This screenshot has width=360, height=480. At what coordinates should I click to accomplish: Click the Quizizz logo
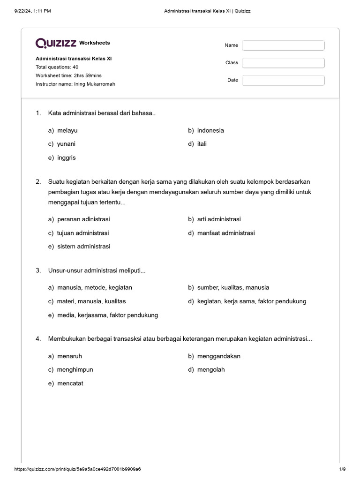tap(56, 43)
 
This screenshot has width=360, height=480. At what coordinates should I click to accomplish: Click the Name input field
tap(283, 45)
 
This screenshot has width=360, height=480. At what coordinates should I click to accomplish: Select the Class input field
tap(283, 63)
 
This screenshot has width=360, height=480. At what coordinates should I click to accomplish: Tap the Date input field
tap(283, 80)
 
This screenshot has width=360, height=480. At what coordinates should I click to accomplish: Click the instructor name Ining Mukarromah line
tap(75, 84)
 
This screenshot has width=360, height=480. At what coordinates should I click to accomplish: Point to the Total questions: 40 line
tap(57, 67)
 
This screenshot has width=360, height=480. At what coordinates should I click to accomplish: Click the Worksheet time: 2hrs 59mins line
tap(68, 75)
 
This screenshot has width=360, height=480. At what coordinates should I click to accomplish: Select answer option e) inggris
tap(62, 158)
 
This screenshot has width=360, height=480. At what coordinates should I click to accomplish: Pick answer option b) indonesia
tap(206, 130)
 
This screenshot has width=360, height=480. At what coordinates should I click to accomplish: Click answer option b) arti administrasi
tap(214, 219)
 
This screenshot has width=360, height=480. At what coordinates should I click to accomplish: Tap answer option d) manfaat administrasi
tap(221, 233)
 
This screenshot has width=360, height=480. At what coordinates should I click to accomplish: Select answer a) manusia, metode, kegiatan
tap(90, 287)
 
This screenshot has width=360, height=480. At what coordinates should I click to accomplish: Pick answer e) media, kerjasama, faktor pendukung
tap(103, 315)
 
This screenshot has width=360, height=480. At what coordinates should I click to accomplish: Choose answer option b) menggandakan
tap(214, 356)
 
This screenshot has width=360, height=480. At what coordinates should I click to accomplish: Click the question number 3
tap(38, 270)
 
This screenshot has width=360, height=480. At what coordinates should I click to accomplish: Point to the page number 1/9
tap(342, 469)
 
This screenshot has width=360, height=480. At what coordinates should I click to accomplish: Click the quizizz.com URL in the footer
tap(78, 469)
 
